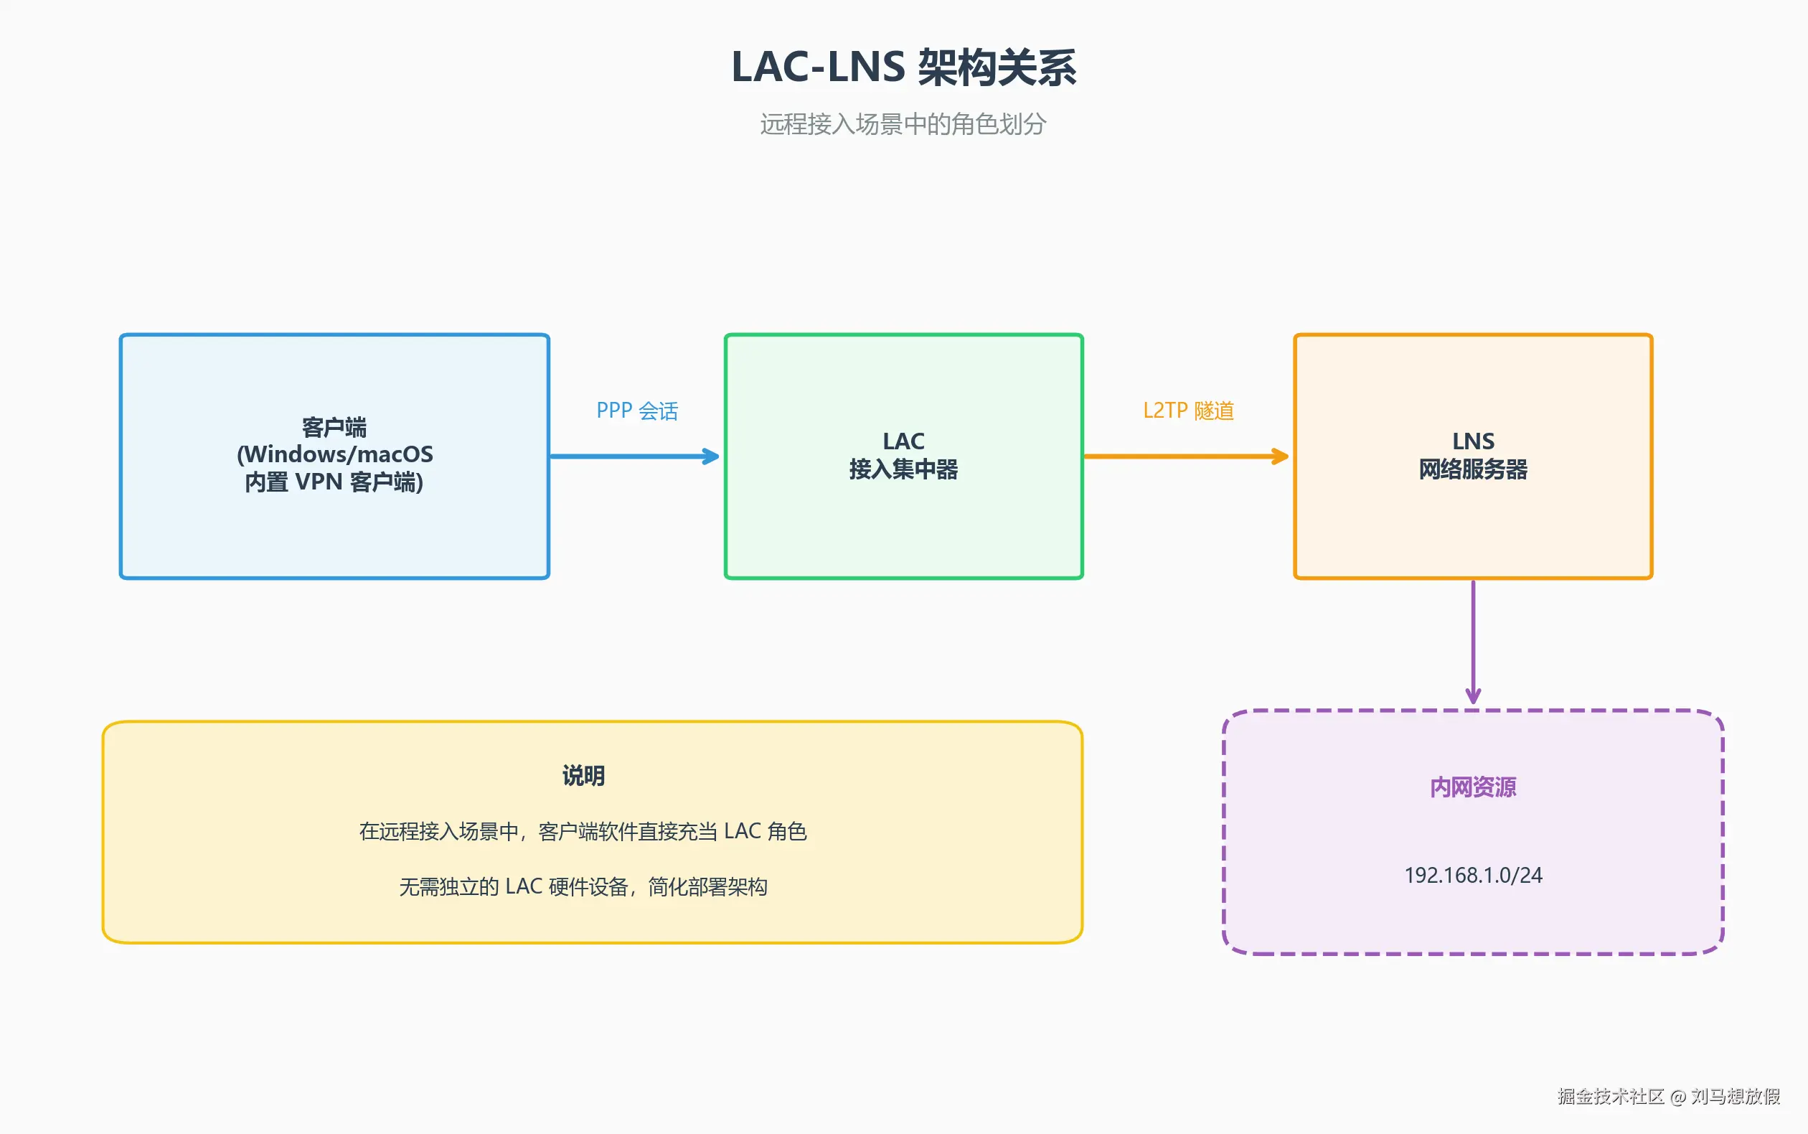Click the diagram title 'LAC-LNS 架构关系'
tap(903, 67)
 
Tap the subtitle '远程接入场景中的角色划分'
tap(903, 124)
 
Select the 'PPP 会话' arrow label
tap(636, 411)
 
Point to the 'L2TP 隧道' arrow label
tap(1188, 411)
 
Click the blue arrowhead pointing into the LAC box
tap(710, 456)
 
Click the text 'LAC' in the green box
tap(903, 441)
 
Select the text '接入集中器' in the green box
tap(903, 469)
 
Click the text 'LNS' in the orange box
tap(1473, 441)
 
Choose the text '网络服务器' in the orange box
tap(1473, 469)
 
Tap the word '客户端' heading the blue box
tap(334, 428)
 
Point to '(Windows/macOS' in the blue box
tap(334, 454)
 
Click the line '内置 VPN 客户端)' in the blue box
tap(334, 482)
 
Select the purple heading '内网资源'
tap(1473, 787)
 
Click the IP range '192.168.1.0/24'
tap(1473, 875)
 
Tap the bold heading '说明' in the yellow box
tap(583, 776)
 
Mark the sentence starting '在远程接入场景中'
tap(583, 832)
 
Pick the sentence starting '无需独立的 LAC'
tap(583, 887)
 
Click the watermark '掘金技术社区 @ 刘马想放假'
tap(1669, 1097)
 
